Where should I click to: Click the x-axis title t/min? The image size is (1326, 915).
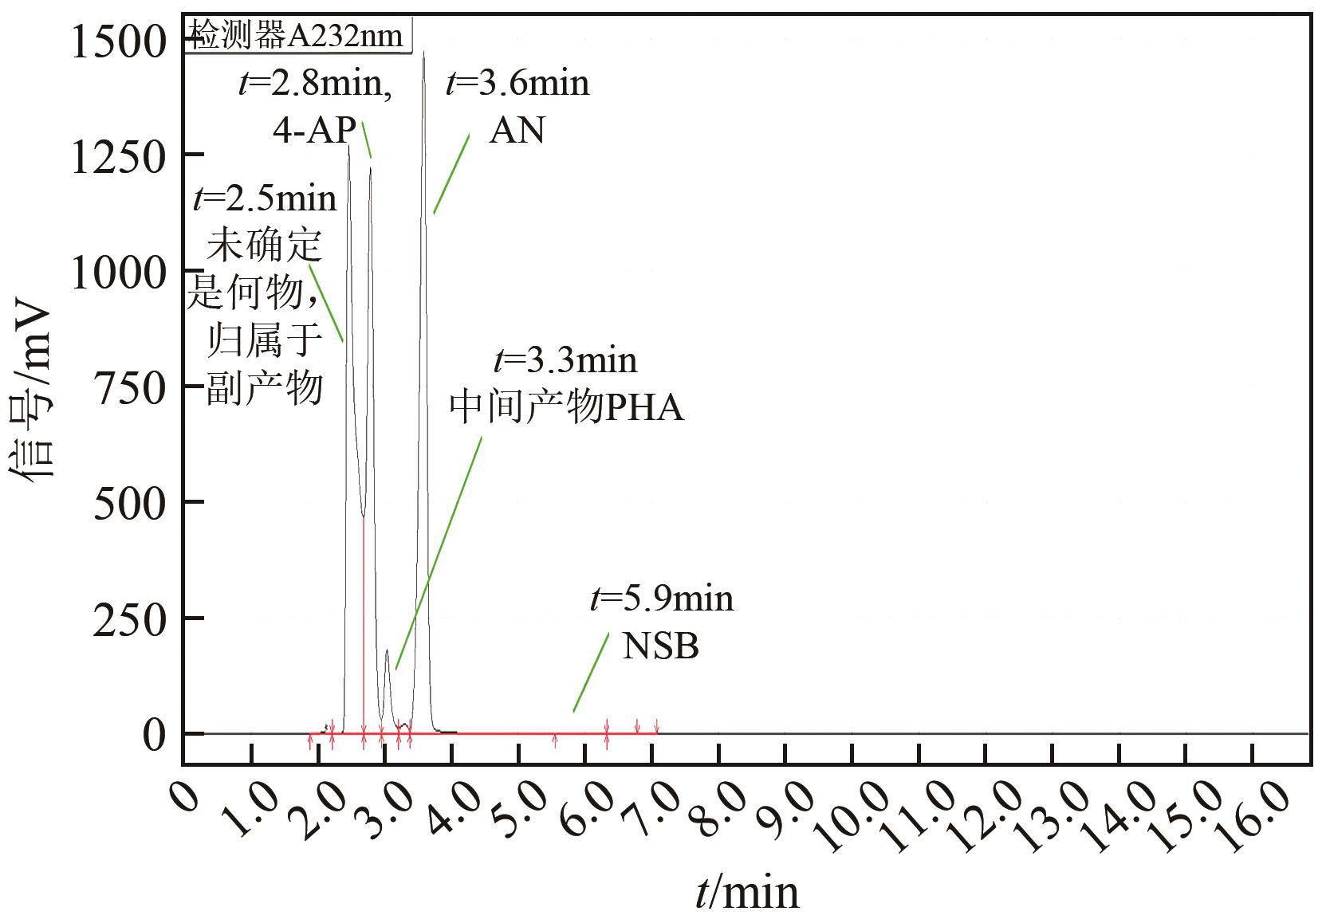(746, 891)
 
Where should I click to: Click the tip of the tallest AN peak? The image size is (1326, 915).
(423, 53)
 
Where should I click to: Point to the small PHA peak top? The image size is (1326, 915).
(387, 650)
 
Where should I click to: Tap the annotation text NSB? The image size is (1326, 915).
(660, 646)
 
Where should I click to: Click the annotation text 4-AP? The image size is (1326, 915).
(314, 130)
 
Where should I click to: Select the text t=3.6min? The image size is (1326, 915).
(517, 82)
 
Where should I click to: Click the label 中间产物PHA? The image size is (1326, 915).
(567, 408)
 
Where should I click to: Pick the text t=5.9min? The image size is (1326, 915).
(662, 598)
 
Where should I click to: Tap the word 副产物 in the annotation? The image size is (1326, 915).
(265, 390)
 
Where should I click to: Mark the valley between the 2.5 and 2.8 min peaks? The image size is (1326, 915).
(363, 515)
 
